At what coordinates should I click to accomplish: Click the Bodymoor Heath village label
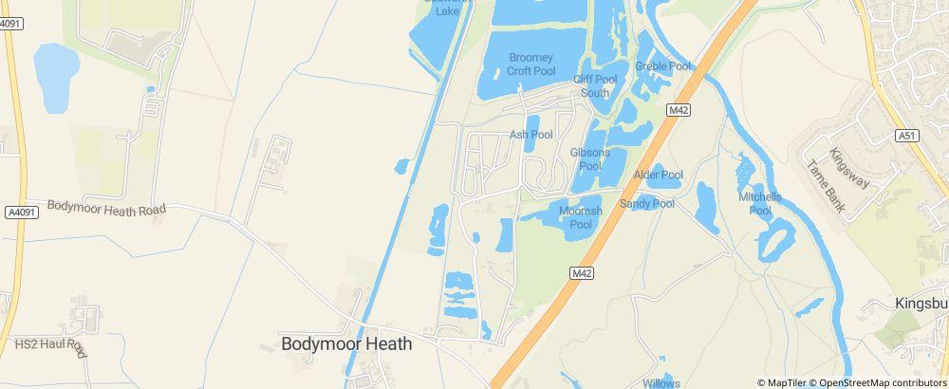347,344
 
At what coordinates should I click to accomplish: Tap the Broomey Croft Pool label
530,64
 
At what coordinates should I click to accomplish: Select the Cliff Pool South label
595,86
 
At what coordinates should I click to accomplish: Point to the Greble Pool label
664,66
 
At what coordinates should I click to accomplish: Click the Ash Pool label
531,135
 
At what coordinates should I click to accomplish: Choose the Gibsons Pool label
590,158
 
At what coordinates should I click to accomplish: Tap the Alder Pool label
659,175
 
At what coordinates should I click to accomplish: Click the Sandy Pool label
647,204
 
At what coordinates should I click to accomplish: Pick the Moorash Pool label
581,217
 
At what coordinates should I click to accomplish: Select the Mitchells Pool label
760,203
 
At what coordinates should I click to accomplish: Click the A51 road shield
907,137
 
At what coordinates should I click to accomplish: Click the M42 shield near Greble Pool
678,111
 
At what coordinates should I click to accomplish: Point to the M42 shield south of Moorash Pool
582,273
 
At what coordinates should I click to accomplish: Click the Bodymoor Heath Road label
106,207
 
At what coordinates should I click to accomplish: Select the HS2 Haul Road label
49,346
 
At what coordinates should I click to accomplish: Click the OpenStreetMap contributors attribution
882,382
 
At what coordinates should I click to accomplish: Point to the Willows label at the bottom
661,382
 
